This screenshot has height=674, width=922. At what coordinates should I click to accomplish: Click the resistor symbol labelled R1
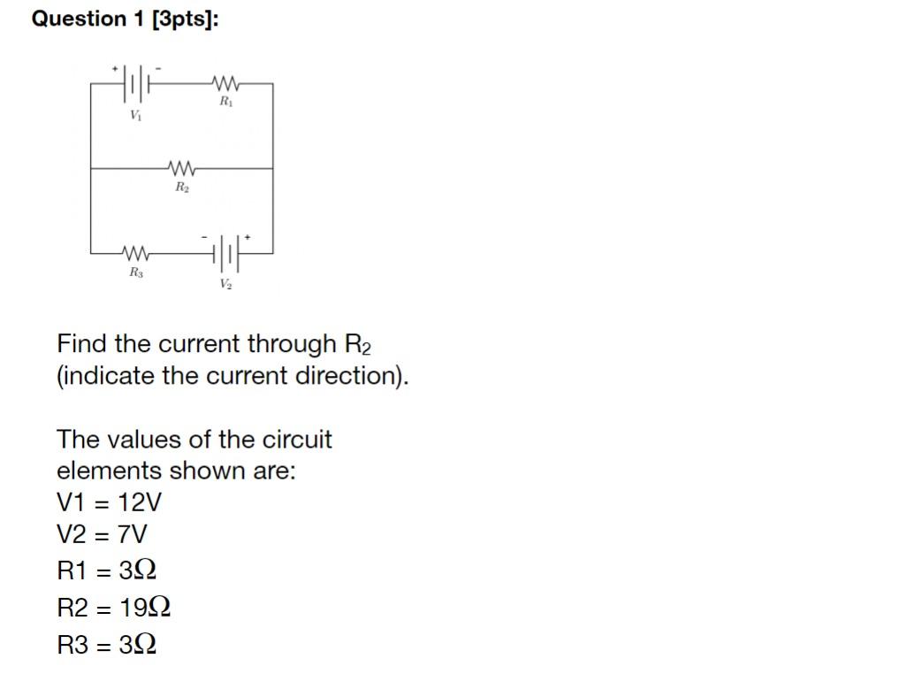point(225,84)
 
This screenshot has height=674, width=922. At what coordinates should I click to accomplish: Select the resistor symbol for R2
point(180,167)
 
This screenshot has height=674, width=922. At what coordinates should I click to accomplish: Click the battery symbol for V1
point(135,84)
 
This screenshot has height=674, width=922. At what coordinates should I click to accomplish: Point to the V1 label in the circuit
point(134,115)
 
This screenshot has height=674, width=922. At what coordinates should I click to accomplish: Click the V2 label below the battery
point(226,284)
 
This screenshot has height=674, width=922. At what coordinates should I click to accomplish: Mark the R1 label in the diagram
point(226,103)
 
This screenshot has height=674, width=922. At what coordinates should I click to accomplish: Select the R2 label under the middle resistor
point(180,187)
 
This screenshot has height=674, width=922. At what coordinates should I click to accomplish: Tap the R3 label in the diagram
point(135,272)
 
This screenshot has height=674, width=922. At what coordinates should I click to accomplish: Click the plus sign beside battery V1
point(114,67)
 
